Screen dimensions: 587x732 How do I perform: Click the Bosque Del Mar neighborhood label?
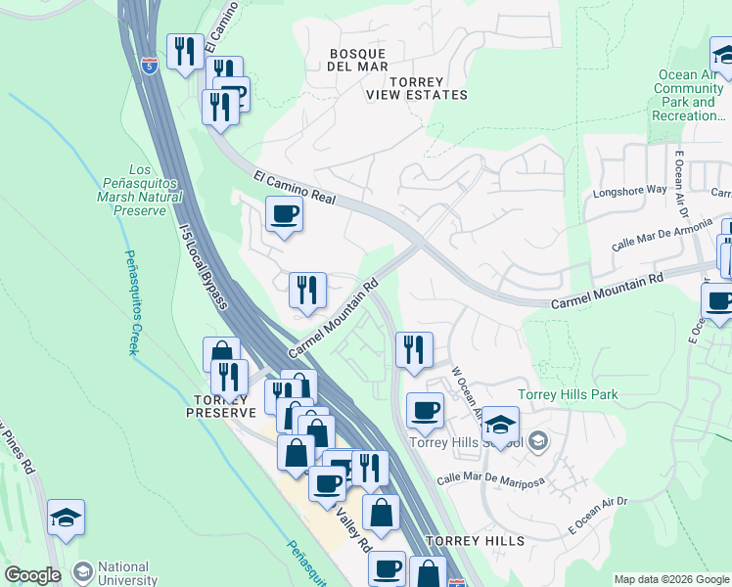(358, 59)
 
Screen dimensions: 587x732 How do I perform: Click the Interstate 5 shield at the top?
(149, 66)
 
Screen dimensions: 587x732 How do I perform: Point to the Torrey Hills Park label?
(568, 394)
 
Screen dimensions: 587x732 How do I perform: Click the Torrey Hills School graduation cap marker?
(500, 425)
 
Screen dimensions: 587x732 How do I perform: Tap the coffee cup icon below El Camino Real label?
(284, 213)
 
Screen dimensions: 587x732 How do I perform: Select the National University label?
(123, 573)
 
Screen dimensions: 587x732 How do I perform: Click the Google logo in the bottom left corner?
(32, 575)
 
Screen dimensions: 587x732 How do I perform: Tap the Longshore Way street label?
(629, 191)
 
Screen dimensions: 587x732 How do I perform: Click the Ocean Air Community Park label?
(689, 95)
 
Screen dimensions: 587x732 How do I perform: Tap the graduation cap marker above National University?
(66, 518)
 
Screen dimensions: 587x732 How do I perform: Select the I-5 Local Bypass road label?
(205, 266)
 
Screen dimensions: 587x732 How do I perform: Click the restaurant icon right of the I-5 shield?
(184, 50)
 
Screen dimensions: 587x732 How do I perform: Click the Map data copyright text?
(671, 579)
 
